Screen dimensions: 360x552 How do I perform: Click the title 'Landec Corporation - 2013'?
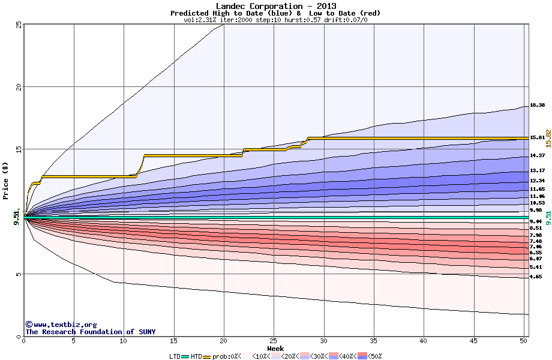275,6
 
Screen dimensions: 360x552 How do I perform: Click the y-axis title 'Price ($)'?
5,181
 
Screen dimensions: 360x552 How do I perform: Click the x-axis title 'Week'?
275,348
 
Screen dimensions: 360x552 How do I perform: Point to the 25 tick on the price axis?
19,25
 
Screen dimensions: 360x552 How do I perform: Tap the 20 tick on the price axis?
19,87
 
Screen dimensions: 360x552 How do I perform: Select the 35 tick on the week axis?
374,341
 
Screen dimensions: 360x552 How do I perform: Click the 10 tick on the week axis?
124,341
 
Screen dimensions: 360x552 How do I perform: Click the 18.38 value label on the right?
537,106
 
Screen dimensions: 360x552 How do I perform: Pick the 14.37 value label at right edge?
537,155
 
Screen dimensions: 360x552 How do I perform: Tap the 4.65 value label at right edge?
536,277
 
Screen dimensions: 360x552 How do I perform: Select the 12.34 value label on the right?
537,181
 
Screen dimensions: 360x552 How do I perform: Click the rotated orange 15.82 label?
547,139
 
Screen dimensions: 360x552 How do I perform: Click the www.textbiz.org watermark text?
61,325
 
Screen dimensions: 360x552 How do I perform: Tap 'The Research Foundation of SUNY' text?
90,332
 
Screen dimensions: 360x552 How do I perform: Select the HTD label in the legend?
196,356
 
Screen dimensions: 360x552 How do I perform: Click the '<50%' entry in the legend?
373,356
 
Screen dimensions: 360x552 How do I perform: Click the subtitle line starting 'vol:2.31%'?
275,20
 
